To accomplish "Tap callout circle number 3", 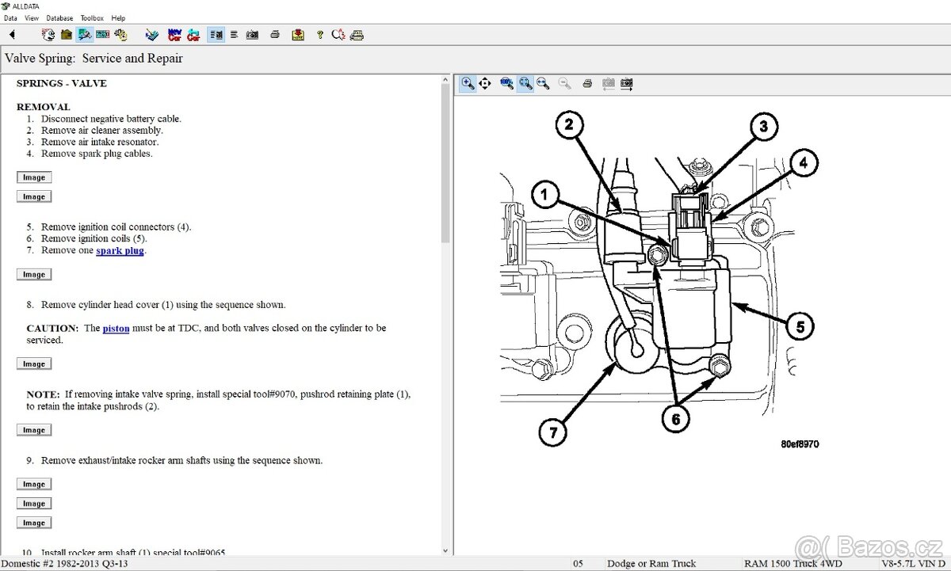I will point(762,127).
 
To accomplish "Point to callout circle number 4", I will point(803,163).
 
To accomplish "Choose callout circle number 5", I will point(800,325).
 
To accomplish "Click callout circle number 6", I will point(675,419).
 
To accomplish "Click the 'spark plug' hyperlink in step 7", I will point(120,250).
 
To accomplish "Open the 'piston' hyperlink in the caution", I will point(116,328).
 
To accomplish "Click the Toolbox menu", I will point(92,17).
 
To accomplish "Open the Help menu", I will point(118,17).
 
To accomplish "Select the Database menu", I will point(59,17).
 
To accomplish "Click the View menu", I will point(32,17).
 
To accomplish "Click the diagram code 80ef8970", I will point(799,444).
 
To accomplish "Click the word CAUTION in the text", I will point(52,328).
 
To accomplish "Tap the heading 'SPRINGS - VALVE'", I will point(61,83).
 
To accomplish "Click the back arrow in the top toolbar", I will point(12,35).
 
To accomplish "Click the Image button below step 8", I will point(33,364).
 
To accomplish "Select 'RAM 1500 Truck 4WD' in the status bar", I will point(793,563).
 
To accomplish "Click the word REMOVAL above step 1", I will point(43,107).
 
